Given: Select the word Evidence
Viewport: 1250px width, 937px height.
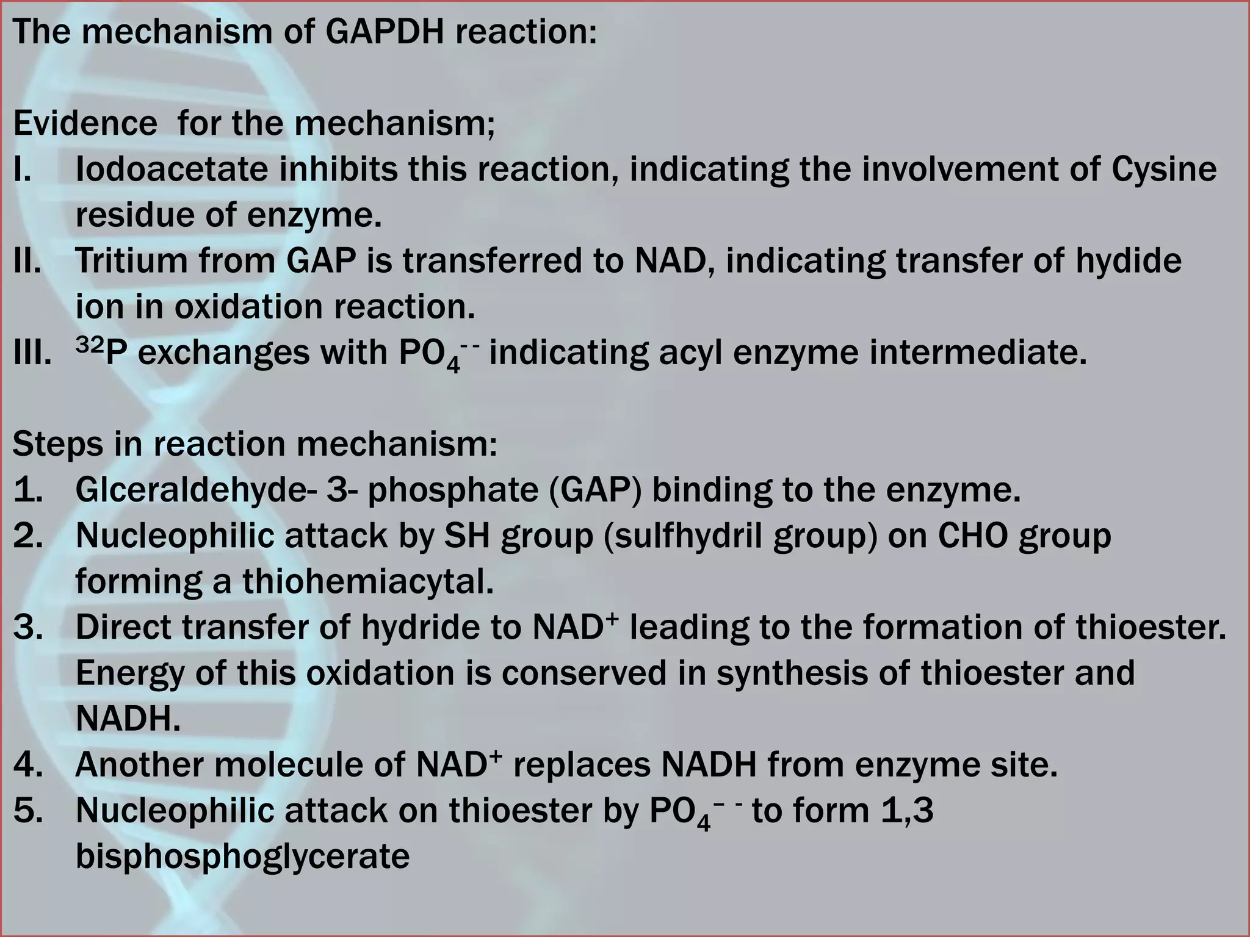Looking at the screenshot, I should click(x=85, y=123).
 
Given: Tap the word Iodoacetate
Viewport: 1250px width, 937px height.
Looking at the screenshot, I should click(x=172, y=169).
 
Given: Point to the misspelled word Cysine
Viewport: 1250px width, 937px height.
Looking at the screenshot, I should click(x=1164, y=169).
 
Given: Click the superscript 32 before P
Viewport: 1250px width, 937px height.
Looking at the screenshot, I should click(x=89, y=345).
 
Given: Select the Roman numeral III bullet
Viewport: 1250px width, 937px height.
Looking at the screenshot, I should click(x=31, y=353).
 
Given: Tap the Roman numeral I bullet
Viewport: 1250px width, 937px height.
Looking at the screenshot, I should click(x=22, y=169).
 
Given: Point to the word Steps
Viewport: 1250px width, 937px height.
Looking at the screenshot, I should click(x=57, y=444).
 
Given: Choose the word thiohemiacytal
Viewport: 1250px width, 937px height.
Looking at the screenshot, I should click(x=368, y=581).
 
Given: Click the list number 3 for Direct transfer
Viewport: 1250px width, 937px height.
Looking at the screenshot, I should click(x=27, y=628).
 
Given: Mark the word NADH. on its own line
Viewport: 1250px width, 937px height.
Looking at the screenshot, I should click(x=128, y=719).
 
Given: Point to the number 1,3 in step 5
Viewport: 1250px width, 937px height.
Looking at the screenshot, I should click(x=907, y=811).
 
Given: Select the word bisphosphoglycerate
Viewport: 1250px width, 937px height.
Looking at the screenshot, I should click(x=242, y=856).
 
